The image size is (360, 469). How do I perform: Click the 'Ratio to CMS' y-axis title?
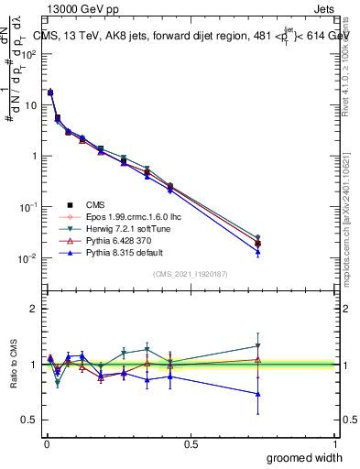15,365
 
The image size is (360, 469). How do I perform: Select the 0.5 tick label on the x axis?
191,443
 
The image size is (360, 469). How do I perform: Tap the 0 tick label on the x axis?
46,443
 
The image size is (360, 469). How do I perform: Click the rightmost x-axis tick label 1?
335,443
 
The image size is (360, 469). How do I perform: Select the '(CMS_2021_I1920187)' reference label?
191,273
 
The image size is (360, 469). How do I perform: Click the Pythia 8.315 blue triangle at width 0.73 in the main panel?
258,251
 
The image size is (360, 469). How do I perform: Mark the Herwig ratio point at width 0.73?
258,346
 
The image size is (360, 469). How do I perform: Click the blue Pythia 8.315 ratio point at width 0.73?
258,394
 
